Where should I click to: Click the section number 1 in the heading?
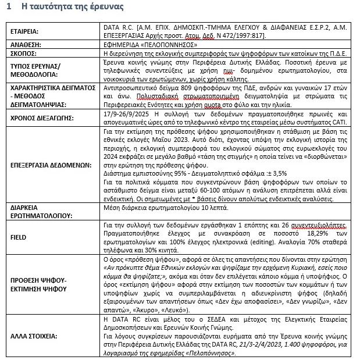8,7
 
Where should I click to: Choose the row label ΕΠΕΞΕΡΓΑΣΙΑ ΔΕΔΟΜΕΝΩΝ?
51,165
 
